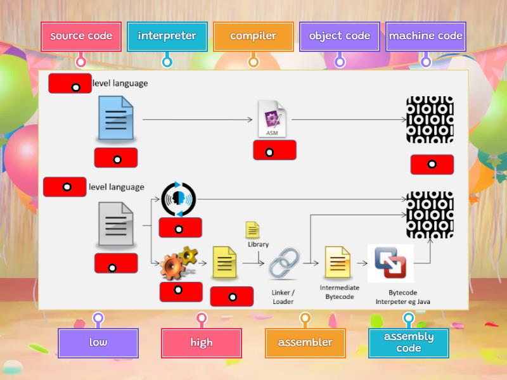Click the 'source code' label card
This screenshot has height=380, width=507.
pyautogui.click(x=80, y=36)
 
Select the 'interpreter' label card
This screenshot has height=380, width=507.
pyautogui.click(x=167, y=36)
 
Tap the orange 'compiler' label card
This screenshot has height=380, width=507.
pyautogui.click(x=253, y=36)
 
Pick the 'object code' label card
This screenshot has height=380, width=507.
pyautogui.click(x=339, y=36)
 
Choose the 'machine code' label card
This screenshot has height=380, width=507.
pyautogui.click(x=425, y=36)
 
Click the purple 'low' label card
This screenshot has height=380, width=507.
pyautogui.click(x=98, y=343)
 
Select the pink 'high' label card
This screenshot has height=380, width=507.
pyautogui.click(x=202, y=343)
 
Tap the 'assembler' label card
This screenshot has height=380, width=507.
pyautogui.click(x=305, y=343)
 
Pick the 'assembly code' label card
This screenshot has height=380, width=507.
pyautogui.click(x=408, y=343)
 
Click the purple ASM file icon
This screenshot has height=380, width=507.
pyautogui.click(x=273, y=118)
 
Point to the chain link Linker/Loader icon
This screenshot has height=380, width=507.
pyautogui.click(x=283, y=263)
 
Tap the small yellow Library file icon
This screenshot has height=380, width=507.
pyautogui.click(x=252, y=229)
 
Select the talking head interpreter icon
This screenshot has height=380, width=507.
pyautogui.click(x=179, y=199)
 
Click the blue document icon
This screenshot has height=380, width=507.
pyautogui.click(x=116, y=118)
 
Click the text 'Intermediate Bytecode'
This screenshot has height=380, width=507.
pyautogui.click(x=339, y=292)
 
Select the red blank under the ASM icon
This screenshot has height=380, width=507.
pyautogui.click(x=274, y=151)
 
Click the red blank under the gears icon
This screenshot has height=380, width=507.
pyautogui.click(x=181, y=291)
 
